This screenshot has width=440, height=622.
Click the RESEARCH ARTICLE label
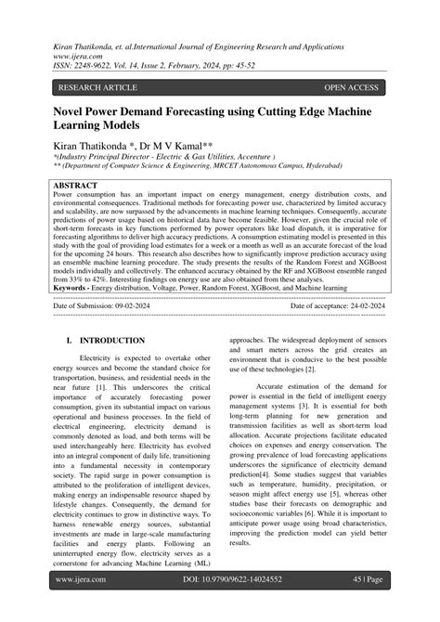point(97,88)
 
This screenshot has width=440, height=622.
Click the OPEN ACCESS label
point(351,88)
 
